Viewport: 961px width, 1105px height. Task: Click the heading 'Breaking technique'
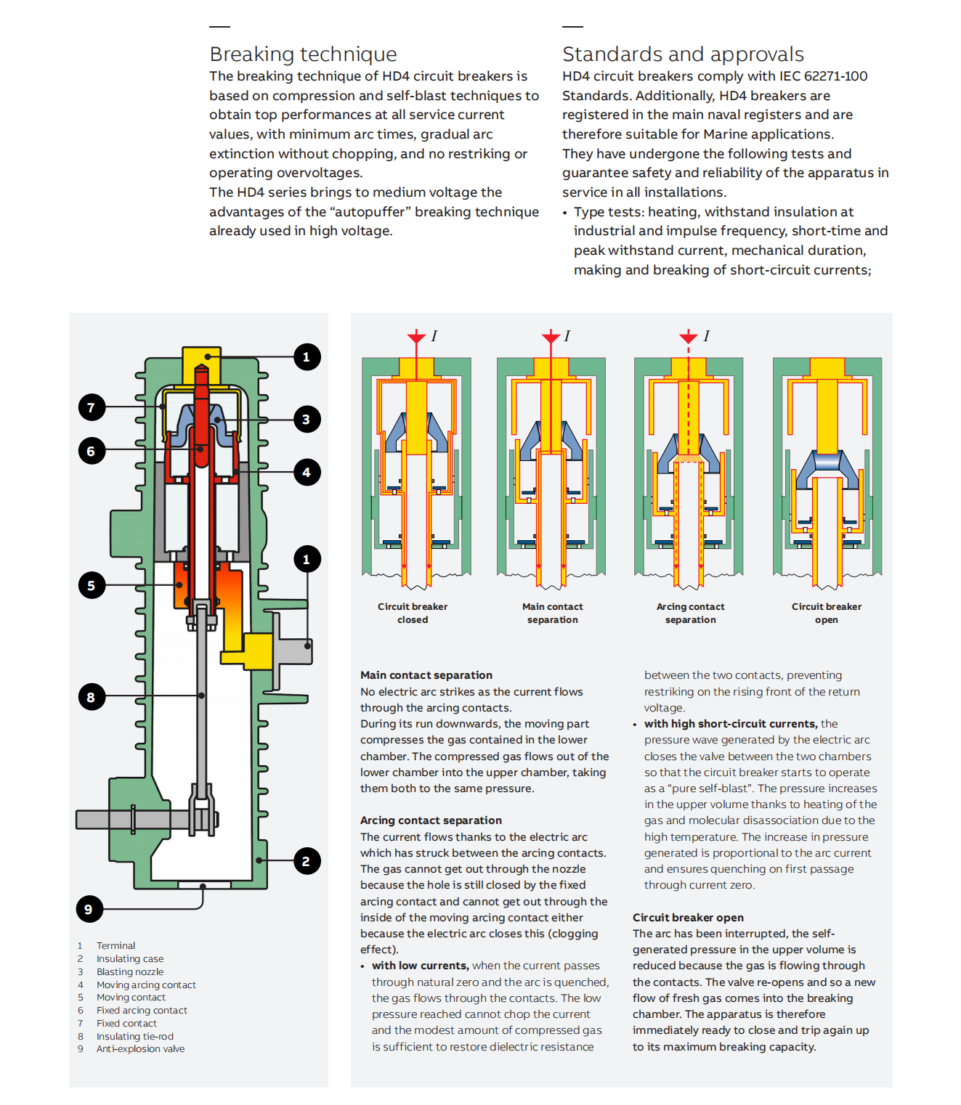point(303,54)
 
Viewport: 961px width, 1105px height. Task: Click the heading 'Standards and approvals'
point(683,54)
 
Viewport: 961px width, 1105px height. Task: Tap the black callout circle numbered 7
point(92,407)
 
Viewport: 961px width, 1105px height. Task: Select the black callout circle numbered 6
point(92,451)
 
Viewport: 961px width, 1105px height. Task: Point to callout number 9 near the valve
point(89,909)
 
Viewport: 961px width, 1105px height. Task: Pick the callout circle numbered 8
point(92,697)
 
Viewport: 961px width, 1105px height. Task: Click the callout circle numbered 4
point(307,473)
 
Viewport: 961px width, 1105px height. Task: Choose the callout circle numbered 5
point(92,585)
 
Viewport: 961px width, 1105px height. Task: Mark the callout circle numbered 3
point(307,419)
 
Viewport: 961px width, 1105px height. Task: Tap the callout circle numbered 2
point(307,862)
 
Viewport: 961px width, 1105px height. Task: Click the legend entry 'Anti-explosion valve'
point(140,1049)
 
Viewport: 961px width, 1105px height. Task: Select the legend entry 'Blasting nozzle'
point(130,972)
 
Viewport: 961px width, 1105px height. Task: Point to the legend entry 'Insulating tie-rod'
point(135,1037)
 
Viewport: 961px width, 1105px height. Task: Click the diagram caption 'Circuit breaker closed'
point(413,613)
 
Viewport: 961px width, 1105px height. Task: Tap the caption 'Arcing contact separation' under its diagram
point(691,613)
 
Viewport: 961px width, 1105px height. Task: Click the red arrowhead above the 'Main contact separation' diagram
point(551,338)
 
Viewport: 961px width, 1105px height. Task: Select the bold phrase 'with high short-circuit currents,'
point(731,724)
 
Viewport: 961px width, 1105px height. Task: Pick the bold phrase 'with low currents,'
point(420,966)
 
